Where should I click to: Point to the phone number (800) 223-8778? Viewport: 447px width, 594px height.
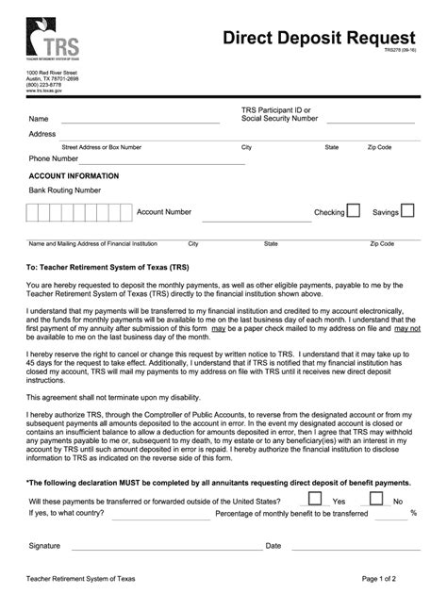click(46, 84)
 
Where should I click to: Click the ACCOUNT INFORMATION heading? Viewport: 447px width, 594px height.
click(74, 176)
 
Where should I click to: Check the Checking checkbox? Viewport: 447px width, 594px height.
click(353, 211)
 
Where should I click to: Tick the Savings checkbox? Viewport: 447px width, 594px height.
click(408, 211)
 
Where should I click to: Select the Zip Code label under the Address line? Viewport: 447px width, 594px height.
click(379, 148)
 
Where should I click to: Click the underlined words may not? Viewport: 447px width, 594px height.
click(406, 328)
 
